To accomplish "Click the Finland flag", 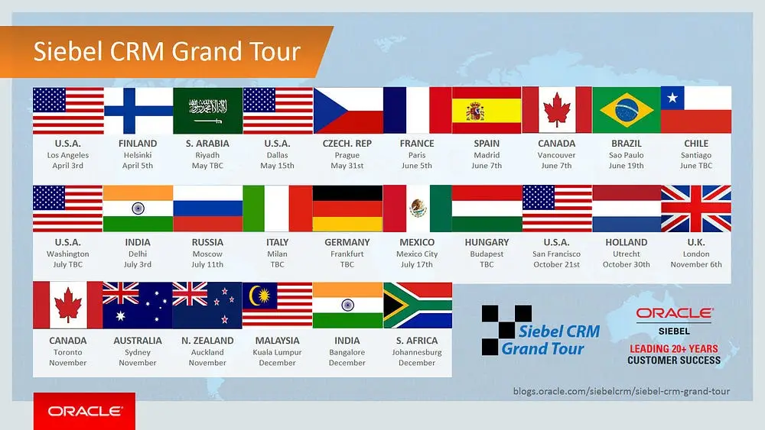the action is (x=138, y=111).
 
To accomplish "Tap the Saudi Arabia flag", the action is (x=208, y=111).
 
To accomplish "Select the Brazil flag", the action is (x=627, y=110).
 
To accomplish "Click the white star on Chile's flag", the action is (x=672, y=98).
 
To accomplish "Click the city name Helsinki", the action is (x=138, y=155).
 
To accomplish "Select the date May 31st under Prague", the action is (x=347, y=166).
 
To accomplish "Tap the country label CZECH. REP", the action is (x=347, y=144).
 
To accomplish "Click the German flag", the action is (x=347, y=209).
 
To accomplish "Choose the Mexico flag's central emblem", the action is (x=418, y=209).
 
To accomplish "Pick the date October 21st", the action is (x=557, y=264).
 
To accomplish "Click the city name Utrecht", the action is (x=627, y=254).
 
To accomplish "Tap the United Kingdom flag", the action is (x=696, y=209).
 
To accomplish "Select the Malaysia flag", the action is (x=278, y=306).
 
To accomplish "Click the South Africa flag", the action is (x=418, y=306).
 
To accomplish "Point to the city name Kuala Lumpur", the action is (x=277, y=353).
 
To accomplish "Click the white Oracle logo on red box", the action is (x=84, y=411).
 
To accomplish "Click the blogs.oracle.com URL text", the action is (x=621, y=391).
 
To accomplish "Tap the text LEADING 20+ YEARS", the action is (x=674, y=349).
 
